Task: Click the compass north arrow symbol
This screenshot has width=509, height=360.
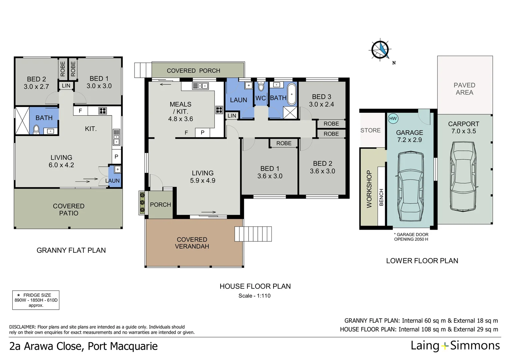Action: [380, 50]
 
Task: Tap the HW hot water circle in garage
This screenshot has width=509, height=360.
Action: [393, 118]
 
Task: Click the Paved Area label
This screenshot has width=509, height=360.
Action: [464, 89]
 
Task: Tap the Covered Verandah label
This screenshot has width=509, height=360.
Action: [192, 243]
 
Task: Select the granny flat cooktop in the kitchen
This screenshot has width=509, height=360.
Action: [102, 111]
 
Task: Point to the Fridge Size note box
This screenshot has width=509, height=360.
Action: [36, 300]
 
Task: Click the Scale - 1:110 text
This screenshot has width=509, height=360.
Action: [254, 296]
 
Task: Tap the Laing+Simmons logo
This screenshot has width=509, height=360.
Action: [455, 346]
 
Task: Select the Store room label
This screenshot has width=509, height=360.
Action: [370, 130]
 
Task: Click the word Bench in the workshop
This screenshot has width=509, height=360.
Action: [381, 197]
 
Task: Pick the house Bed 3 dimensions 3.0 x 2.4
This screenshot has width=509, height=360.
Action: [321, 104]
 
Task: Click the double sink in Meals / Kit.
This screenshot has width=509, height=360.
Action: [200, 86]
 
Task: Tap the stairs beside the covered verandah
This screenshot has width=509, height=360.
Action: [253, 234]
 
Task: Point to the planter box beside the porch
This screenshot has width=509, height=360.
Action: [142, 202]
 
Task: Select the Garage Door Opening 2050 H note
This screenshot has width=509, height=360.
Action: [411, 237]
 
